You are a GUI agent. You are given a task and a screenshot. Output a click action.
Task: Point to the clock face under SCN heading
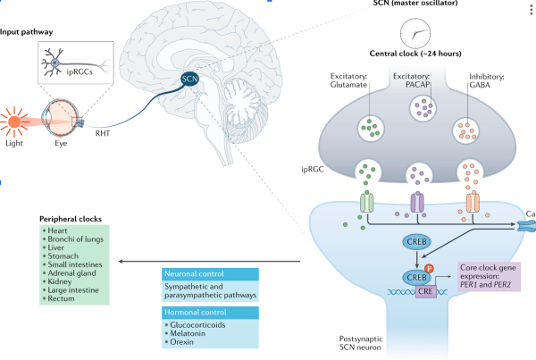pos(414,34)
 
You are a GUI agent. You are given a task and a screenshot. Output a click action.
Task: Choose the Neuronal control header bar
pos(208,273)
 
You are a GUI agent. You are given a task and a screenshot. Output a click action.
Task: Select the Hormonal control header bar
pos(208,313)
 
